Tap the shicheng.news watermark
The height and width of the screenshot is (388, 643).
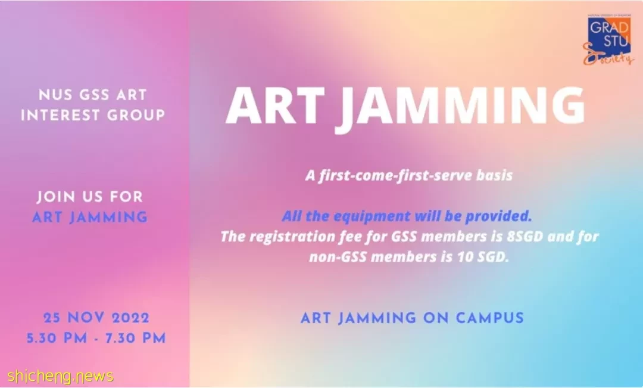60,375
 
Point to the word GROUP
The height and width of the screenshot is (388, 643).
136,115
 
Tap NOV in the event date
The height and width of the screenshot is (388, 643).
86,318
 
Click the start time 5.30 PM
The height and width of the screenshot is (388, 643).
57,339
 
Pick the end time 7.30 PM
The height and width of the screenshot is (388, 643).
136,339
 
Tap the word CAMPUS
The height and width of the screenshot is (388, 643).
490,318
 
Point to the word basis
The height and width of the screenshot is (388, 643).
494,175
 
